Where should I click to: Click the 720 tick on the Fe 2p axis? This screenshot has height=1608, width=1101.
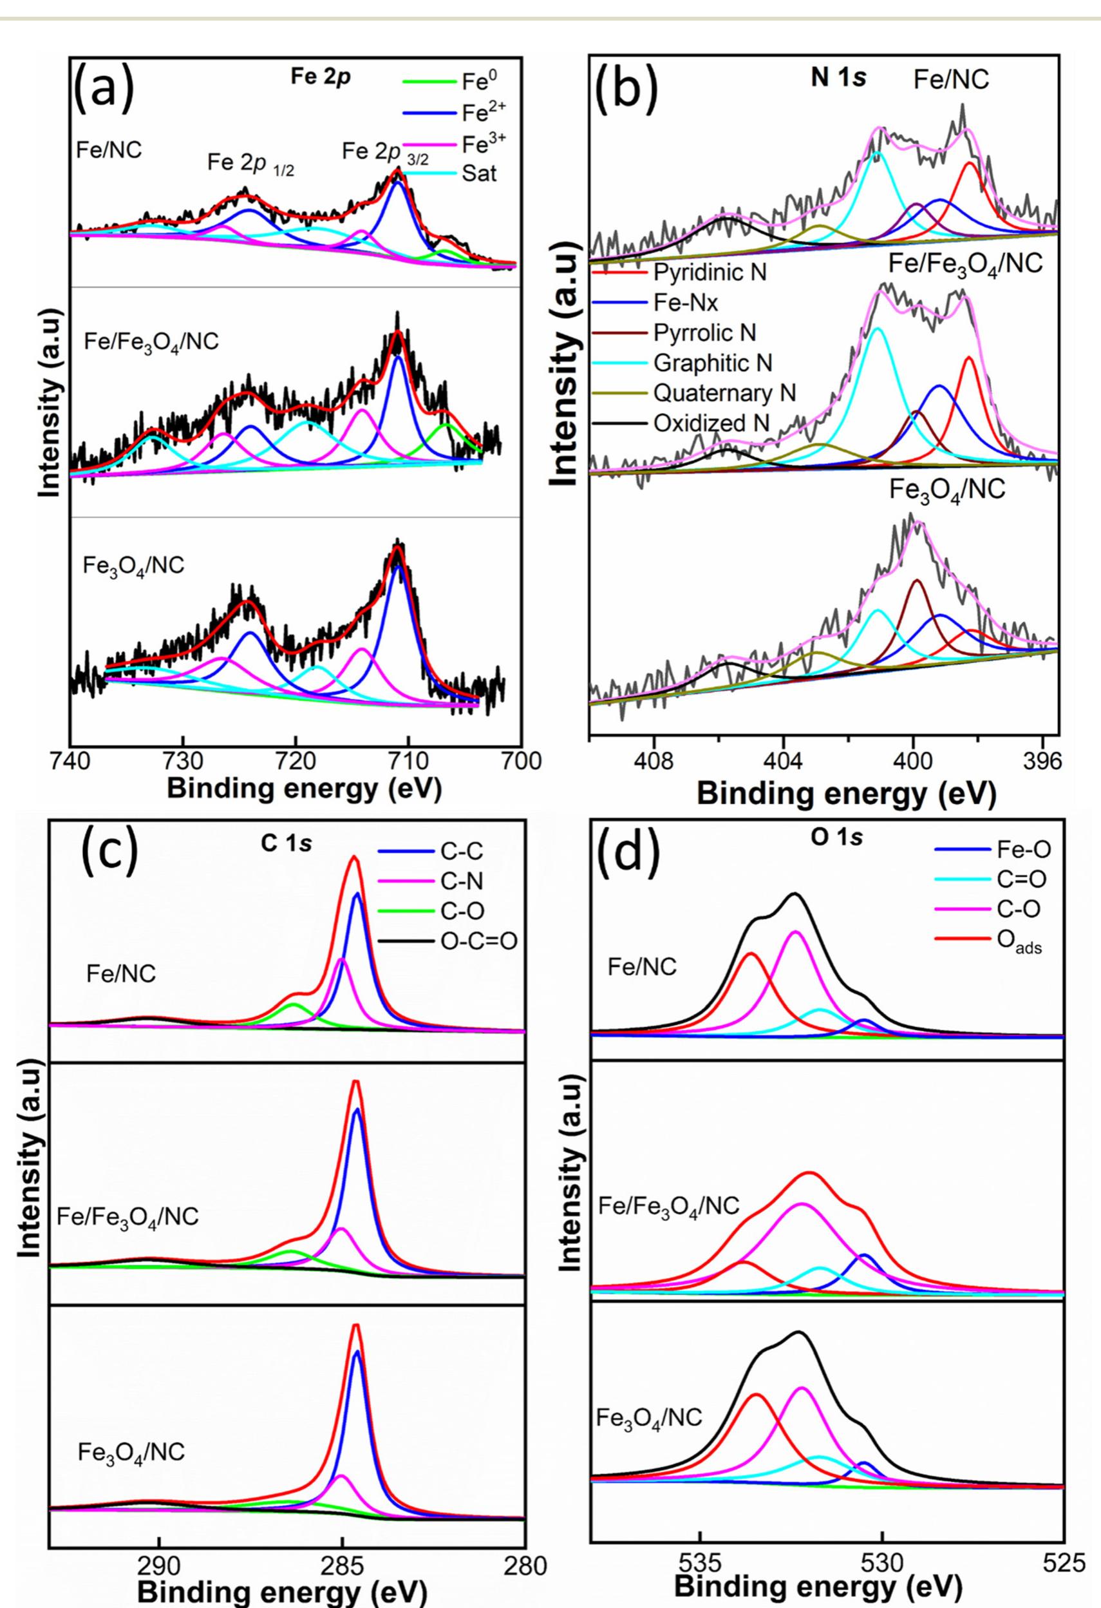[x=296, y=760]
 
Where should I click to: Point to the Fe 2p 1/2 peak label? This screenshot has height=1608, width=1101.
[x=250, y=163]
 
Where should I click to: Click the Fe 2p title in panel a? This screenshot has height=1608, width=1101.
[x=320, y=77]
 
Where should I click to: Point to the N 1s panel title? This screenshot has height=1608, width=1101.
[x=839, y=78]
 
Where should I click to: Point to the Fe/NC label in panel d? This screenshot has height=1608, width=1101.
[x=642, y=966]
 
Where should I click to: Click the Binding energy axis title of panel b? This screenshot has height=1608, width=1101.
[x=847, y=793]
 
